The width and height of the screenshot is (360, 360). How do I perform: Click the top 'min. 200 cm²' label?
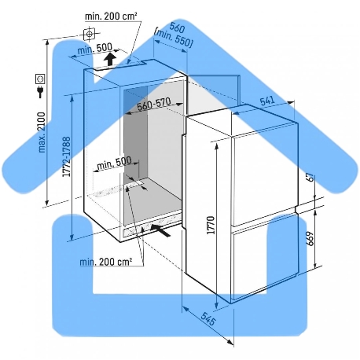(x=111, y=17)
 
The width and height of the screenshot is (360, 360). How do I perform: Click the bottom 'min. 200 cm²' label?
(x=105, y=262)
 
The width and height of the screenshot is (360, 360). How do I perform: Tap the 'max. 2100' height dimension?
(x=42, y=132)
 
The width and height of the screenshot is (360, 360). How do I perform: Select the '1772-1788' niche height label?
(x=66, y=156)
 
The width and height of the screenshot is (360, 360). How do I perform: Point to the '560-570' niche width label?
(x=154, y=104)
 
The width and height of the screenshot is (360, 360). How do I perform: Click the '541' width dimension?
(x=267, y=101)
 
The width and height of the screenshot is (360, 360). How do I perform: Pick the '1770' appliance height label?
(x=211, y=225)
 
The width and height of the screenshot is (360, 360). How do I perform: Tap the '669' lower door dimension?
(x=310, y=238)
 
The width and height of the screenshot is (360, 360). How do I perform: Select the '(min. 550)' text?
(x=174, y=39)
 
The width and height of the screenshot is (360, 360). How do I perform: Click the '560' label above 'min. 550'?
(x=177, y=27)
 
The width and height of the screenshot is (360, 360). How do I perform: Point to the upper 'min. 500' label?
(x=94, y=49)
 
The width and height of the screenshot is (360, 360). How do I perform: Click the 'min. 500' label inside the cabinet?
(x=114, y=163)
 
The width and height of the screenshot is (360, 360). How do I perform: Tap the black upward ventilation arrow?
(x=110, y=60)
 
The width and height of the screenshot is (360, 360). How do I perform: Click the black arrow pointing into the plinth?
(x=160, y=230)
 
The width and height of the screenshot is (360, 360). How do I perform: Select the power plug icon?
(x=40, y=92)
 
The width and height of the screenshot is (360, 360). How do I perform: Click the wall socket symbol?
(x=41, y=79)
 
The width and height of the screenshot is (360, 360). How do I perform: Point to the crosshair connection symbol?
(x=90, y=34)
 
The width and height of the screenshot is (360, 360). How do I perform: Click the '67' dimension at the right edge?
(x=310, y=177)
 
